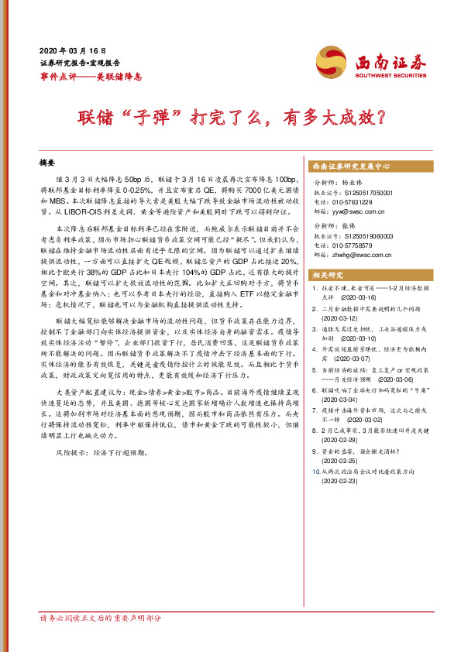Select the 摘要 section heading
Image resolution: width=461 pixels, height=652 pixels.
pyautogui.click(x=48, y=163)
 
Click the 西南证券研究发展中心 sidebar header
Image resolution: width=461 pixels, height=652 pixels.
pyautogui.click(x=350, y=166)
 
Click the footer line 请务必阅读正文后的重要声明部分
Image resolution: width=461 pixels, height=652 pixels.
pyautogui.click(x=101, y=640)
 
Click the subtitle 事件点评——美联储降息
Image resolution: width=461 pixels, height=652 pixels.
pyautogui.click(x=90, y=76)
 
